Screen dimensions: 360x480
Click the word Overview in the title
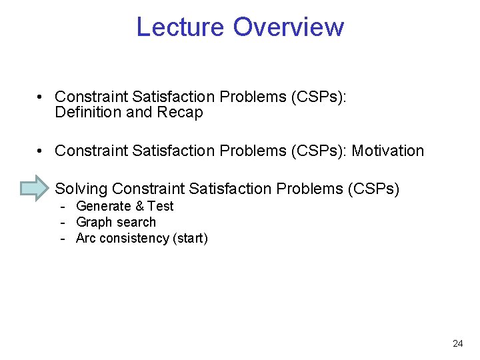(x=289, y=27)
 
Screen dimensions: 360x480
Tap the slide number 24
(x=457, y=344)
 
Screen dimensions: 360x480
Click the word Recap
(x=180, y=113)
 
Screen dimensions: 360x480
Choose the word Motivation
(x=387, y=151)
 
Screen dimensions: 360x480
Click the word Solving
(x=81, y=189)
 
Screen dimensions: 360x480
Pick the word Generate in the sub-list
(x=104, y=207)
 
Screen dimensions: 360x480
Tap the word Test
(x=160, y=207)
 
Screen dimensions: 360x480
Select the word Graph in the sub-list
(x=94, y=223)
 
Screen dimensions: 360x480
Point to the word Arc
(x=86, y=239)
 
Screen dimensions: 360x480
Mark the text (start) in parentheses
(x=190, y=239)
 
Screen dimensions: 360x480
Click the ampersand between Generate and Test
(x=140, y=207)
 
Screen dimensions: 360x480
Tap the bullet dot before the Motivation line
(x=41, y=151)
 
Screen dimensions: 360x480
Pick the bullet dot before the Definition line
(x=41, y=97)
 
